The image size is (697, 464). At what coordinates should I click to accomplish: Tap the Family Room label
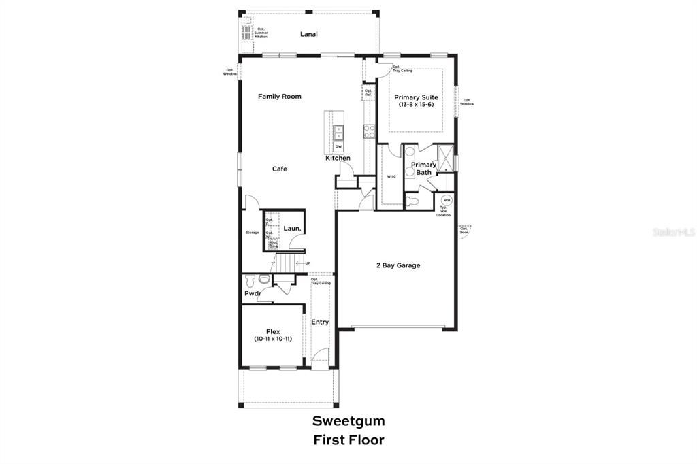(x=279, y=97)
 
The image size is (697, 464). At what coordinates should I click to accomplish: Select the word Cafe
(x=279, y=169)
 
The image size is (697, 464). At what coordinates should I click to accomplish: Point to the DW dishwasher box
(x=338, y=147)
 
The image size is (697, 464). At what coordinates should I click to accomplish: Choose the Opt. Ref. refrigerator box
(x=368, y=92)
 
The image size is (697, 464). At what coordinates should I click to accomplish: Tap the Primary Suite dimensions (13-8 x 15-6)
(x=417, y=105)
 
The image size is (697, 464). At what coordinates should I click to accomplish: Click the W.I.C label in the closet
(x=391, y=177)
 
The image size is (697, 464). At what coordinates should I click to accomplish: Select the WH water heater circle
(x=447, y=200)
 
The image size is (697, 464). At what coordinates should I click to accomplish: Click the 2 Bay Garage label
(x=398, y=265)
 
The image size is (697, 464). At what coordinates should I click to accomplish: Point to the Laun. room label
(x=293, y=229)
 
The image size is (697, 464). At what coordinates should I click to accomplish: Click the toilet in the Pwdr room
(x=250, y=279)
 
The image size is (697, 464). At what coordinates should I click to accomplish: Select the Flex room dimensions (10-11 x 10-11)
(x=273, y=339)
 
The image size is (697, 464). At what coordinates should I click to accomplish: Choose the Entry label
(x=320, y=322)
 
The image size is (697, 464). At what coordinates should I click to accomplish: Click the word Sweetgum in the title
(x=348, y=421)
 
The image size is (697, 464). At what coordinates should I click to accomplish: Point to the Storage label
(x=253, y=233)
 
